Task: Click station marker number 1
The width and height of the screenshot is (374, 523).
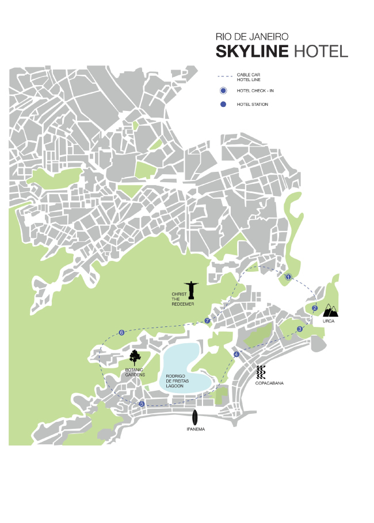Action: pyautogui.click(x=288, y=276)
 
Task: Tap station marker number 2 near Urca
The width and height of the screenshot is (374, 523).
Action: pyautogui.click(x=315, y=308)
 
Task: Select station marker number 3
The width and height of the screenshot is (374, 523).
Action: pyautogui.click(x=300, y=329)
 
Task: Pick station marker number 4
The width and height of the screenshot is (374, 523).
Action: pyautogui.click(x=236, y=354)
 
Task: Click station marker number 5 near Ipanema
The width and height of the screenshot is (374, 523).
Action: pyautogui.click(x=142, y=404)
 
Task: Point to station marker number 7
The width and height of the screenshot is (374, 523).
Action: pyautogui.click(x=207, y=320)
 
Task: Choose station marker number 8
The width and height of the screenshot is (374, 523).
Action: pyautogui.click(x=121, y=333)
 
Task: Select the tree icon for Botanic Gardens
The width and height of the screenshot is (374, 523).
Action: pyautogui.click(x=135, y=357)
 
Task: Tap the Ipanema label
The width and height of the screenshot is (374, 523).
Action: pyautogui.click(x=196, y=429)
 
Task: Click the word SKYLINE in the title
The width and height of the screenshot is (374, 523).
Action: pyautogui.click(x=252, y=52)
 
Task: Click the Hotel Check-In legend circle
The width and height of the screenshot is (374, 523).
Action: pyautogui.click(x=223, y=91)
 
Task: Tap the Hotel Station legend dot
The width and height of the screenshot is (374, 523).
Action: pyautogui.click(x=223, y=104)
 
